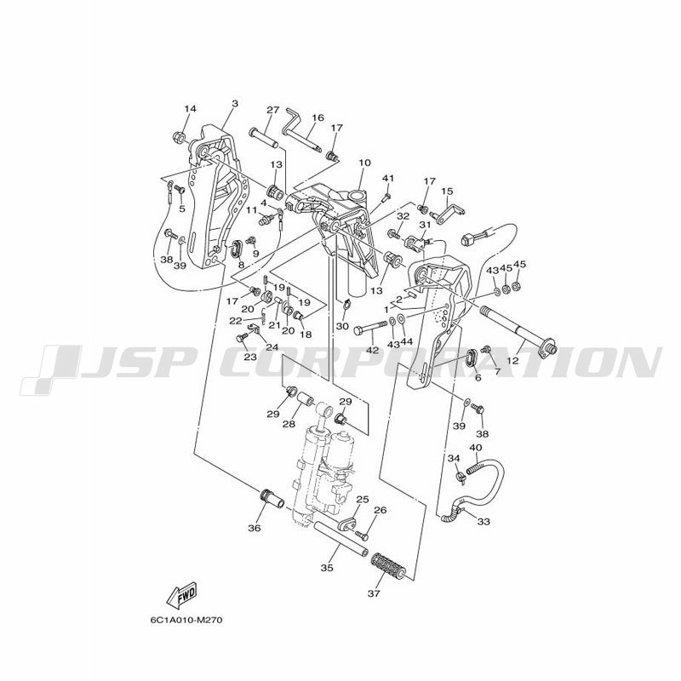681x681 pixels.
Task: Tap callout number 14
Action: click(x=190, y=109)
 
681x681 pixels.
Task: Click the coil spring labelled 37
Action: click(x=389, y=566)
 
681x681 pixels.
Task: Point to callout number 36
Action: click(x=255, y=528)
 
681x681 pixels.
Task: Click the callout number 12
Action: click(x=512, y=360)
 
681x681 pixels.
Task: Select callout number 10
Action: click(x=365, y=163)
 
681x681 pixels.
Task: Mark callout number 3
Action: click(x=235, y=103)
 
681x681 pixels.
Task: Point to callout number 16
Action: click(x=318, y=117)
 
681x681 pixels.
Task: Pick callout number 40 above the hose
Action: click(x=476, y=448)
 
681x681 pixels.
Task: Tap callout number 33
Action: click(x=484, y=521)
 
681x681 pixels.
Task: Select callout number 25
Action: click(x=363, y=500)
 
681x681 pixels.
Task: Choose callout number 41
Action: click(x=388, y=178)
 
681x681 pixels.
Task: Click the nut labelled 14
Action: click(x=177, y=137)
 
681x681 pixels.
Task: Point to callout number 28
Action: click(x=289, y=424)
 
